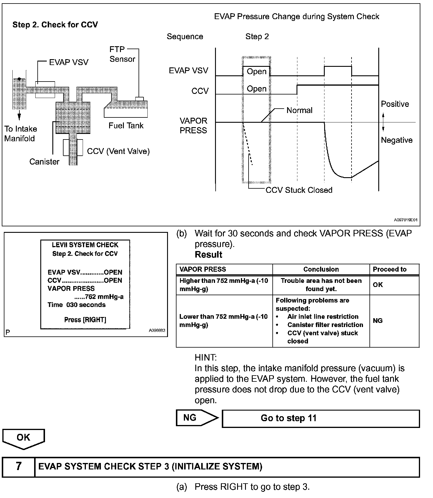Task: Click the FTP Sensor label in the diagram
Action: click(122, 54)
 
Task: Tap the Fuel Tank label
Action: click(126, 126)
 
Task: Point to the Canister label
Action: click(44, 162)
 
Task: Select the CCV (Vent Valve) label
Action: click(118, 151)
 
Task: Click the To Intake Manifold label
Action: click(20, 134)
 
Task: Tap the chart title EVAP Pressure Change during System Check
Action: click(297, 16)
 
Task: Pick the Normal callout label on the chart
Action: click(299, 110)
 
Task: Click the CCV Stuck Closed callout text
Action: click(299, 190)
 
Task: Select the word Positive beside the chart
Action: click(395, 104)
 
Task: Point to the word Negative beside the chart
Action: click(397, 140)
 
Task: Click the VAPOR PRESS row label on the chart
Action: click(194, 125)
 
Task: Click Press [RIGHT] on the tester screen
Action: click(85, 320)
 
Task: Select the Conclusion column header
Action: click(321, 269)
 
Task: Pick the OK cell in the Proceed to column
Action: click(378, 285)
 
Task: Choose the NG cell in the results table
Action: click(378, 321)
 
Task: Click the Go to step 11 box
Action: click(321, 418)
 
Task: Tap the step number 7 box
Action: click(19, 467)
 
